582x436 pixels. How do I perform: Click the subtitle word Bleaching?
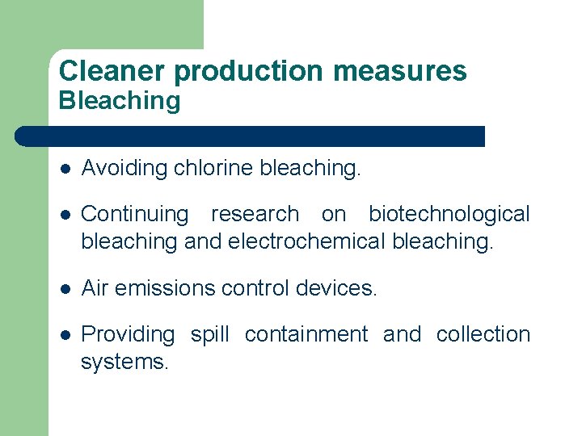pyautogui.click(x=120, y=101)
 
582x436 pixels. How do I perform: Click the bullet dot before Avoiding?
pyautogui.click(x=65, y=170)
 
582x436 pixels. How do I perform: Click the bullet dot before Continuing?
pyautogui.click(x=65, y=215)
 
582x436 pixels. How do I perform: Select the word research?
pyautogui.click(x=255, y=214)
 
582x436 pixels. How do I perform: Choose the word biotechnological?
pyautogui.click(x=449, y=214)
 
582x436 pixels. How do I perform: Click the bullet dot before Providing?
pyautogui.click(x=65, y=335)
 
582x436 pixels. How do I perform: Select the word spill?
pyautogui.click(x=209, y=334)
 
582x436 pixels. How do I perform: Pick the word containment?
pyautogui.click(x=306, y=334)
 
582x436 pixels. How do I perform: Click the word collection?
pyautogui.click(x=483, y=334)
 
